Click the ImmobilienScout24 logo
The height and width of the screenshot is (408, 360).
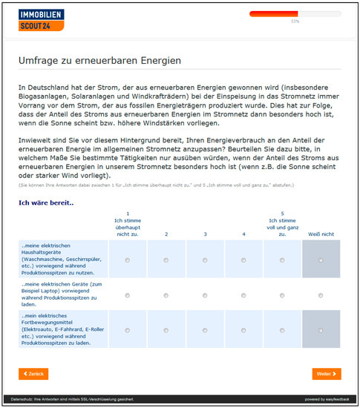click(x=42, y=20)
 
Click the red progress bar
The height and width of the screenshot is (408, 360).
click(x=273, y=14)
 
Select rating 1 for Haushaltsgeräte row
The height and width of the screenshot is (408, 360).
click(x=127, y=260)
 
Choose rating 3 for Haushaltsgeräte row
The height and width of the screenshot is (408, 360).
click(x=205, y=260)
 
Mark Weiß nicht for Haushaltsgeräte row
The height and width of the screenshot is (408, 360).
click(x=321, y=260)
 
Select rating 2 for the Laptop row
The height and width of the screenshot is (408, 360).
click(x=166, y=295)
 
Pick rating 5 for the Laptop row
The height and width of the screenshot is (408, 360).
click(x=282, y=295)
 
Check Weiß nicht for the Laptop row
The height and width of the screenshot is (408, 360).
click(x=321, y=295)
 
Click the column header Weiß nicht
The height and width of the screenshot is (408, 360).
click(x=321, y=234)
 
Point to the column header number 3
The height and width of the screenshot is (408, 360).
click(x=205, y=234)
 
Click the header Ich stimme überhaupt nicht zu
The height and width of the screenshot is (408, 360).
click(x=127, y=224)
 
